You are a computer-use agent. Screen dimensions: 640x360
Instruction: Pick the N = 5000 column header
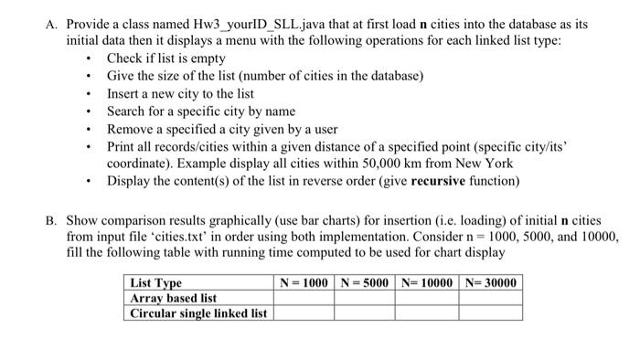pyautogui.click(x=365, y=282)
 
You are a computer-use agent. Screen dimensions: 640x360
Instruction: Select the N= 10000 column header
pyautogui.click(x=426, y=282)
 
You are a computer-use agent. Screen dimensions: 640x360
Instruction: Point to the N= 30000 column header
pyautogui.click(x=490, y=282)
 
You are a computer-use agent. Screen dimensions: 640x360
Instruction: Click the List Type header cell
pyautogui.click(x=156, y=282)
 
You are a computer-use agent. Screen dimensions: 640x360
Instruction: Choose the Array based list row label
pyautogui.click(x=174, y=298)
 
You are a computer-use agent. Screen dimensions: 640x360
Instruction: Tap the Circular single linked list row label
pyautogui.click(x=198, y=313)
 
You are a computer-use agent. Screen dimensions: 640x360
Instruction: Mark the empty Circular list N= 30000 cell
pyautogui.click(x=490, y=313)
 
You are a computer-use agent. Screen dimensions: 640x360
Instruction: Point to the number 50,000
pyautogui.click(x=368, y=164)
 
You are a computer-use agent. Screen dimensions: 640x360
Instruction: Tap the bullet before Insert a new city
pyautogui.click(x=87, y=94)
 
